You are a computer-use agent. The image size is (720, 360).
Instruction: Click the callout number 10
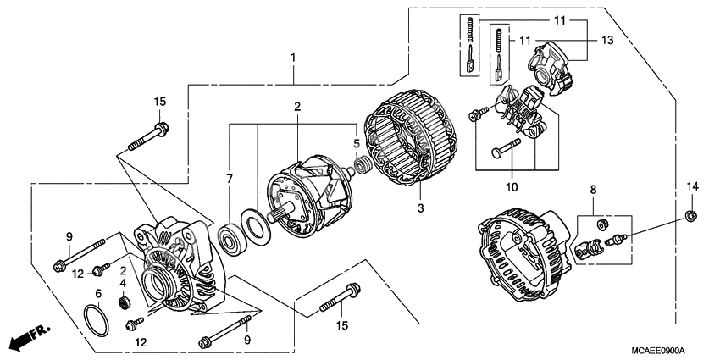coord(512,186)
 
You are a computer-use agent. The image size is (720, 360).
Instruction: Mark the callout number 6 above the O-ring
coord(98,294)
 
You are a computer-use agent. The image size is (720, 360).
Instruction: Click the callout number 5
coord(357,143)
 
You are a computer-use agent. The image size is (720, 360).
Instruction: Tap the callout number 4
coord(123,282)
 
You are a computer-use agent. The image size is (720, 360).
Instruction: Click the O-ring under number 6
coord(98,322)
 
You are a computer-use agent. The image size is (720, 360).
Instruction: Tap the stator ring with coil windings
coord(410,152)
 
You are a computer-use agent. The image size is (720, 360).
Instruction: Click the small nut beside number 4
coord(123,301)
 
